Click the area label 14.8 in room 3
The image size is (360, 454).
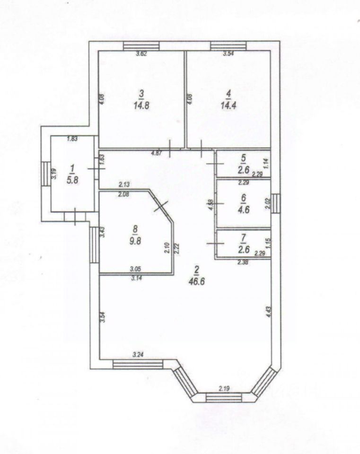[x=141, y=105]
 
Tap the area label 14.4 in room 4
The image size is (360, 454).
[x=228, y=105]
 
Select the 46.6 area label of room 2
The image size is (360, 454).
[x=197, y=281]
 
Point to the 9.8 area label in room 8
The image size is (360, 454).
[x=135, y=241]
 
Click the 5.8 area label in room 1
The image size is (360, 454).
[x=72, y=180]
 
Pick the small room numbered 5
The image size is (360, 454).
[x=244, y=164]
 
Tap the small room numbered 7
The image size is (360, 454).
[x=244, y=243]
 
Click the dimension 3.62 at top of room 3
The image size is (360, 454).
[x=142, y=53]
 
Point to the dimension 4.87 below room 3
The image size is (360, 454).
[x=157, y=153]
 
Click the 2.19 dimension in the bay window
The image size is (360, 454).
[x=224, y=389]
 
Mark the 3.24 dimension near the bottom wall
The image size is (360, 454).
[x=138, y=354]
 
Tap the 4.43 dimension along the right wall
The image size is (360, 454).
[x=269, y=313]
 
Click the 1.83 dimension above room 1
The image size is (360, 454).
[x=72, y=139]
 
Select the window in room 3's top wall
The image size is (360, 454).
[x=141, y=46]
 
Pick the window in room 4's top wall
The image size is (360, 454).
[x=228, y=46]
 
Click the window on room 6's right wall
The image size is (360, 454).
[x=276, y=203]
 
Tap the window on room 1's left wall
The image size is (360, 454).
[x=46, y=174]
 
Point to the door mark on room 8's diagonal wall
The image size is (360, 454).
[x=161, y=206]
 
